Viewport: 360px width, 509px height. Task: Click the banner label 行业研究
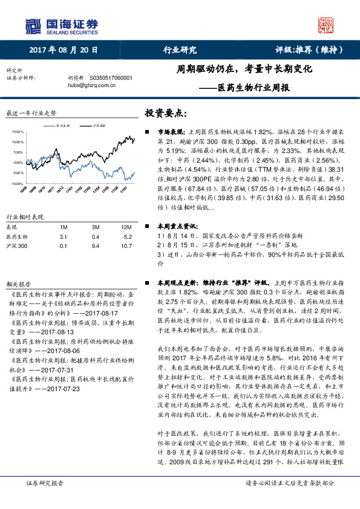coord(180,51)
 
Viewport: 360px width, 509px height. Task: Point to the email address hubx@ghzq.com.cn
coord(91,85)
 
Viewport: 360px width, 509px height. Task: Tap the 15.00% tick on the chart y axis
coord(17,131)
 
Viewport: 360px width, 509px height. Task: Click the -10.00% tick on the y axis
coord(17,183)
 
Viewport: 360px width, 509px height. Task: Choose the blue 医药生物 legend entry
coord(62,125)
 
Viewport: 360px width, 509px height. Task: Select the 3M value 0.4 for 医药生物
coord(96,237)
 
